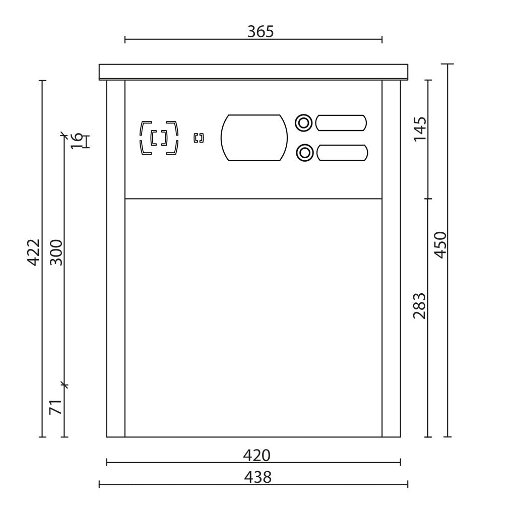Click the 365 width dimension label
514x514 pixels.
(x=261, y=32)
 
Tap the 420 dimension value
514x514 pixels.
(x=256, y=456)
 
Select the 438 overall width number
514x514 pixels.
(x=258, y=477)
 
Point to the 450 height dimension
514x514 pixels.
(x=440, y=245)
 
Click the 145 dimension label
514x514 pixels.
(x=420, y=129)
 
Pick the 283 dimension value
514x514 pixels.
(x=420, y=305)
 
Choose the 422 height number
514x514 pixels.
(x=33, y=252)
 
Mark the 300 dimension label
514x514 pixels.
(x=56, y=252)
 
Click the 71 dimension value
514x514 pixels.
(x=55, y=407)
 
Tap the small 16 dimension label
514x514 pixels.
(x=77, y=140)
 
